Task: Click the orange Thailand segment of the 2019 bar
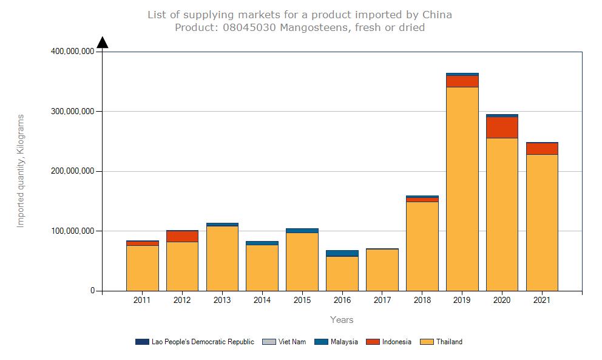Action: tap(462, 188)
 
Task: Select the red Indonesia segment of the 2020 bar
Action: tap(502, 127)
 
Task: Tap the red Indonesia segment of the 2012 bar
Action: tap(182, 236)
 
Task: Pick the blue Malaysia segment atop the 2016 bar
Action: tap(342, 253)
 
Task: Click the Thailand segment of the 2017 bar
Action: tap(382, 270)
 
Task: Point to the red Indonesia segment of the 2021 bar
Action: tap(542, 149)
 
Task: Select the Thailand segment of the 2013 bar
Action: tap(222, 258)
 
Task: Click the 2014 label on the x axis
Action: tap(262, 300)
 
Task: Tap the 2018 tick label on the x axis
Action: tap(422, 300)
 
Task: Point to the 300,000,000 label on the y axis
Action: tap(72, 111)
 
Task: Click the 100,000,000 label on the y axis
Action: tap(72, 231)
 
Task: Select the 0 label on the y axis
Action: tap(93, 291)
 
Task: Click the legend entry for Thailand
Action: tap(448, 342)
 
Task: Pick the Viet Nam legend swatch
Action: tap(268, 342)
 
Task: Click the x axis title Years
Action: tap(342, 319)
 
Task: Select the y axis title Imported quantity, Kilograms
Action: tap(21, 171)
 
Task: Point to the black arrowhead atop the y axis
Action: tap(103, 42)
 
